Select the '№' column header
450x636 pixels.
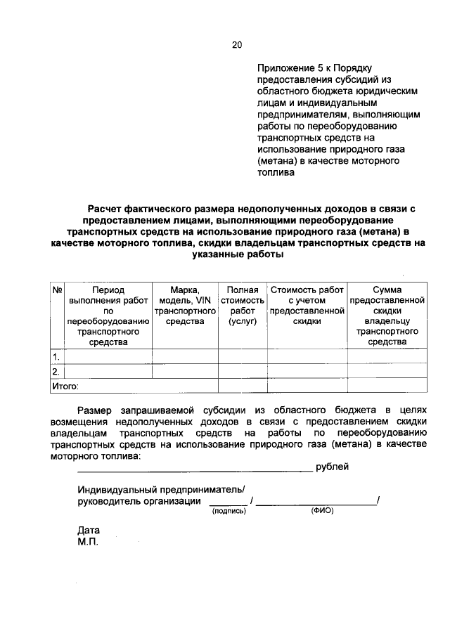click(58, 290)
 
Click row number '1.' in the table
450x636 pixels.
click(56, 356)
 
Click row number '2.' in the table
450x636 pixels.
click(56, 371)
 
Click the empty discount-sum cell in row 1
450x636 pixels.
click(387, 356)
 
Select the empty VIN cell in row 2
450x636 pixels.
click(185, 371)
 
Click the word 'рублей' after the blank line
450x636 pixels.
click(333, 467)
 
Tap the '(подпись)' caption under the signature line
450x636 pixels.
click(229, 512)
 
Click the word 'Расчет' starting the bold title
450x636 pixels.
click(105, 208)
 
